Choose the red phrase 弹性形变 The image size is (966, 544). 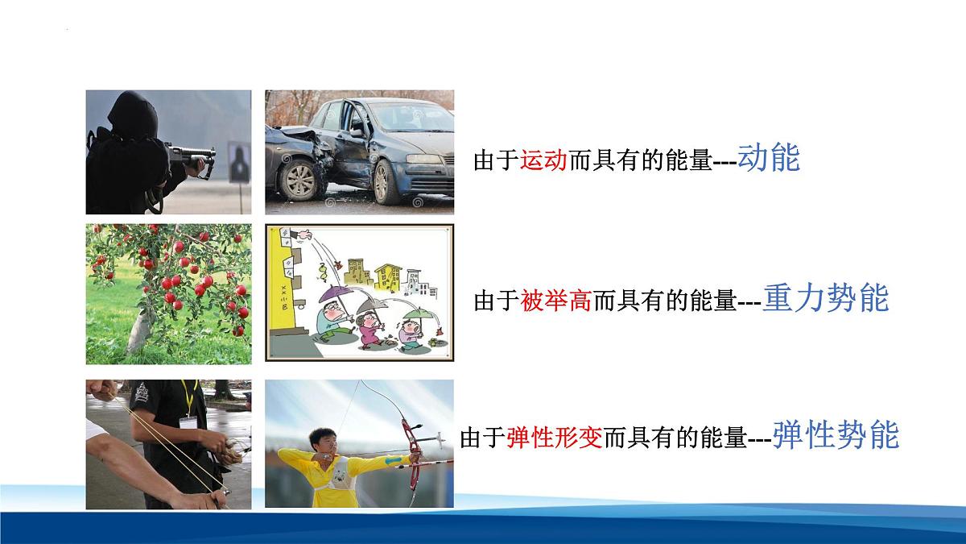[555, 439]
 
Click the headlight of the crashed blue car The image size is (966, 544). [426, 159]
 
